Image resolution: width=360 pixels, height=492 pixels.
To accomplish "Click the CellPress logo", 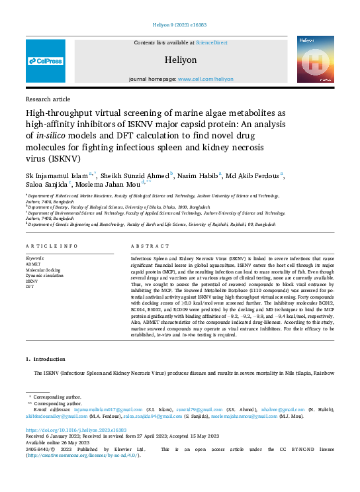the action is coord(46,61).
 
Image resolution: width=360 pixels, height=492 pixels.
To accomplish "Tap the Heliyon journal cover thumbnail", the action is coord(314,59).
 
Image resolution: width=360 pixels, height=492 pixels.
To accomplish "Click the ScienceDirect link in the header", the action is coord(211,42).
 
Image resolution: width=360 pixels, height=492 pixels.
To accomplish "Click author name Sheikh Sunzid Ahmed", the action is coord(136,175).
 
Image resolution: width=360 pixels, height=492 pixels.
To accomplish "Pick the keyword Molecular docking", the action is coord(43,270).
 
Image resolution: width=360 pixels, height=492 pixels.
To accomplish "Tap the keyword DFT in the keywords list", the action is coord(30,287).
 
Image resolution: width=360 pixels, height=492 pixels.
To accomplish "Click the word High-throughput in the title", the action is coord(58,113).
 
